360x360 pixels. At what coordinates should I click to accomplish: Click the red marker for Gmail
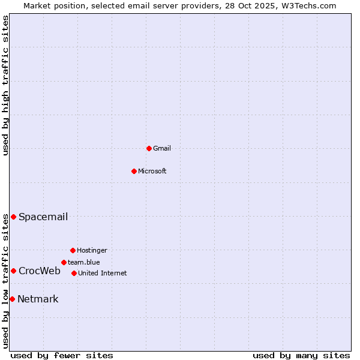[x=149, y=148]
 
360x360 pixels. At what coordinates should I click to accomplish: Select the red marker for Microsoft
[x=134, y=171]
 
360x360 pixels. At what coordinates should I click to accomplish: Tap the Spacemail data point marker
[x=13, y=217]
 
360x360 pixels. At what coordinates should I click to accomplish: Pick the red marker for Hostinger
[x=73, y=250]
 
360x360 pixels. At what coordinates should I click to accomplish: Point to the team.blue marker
[x=64, y=262]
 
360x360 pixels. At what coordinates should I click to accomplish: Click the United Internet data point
[x=74, y=273]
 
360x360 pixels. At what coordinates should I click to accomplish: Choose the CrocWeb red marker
[x=13, y=271]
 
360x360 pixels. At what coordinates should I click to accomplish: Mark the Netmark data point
[x=12, y=299]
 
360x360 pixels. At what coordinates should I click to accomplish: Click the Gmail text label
[x=162, y=148]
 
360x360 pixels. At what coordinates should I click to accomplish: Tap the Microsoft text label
[x=152, y=171]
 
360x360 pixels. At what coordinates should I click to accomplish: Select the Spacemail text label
[x=43, y=217]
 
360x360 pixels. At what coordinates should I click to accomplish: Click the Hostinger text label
[x=92, y=250]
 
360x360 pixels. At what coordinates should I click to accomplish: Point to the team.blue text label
[x=83, y=262]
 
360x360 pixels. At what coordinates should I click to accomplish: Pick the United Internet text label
[x=102, y=273]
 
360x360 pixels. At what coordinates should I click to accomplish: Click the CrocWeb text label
[x=40, y=271]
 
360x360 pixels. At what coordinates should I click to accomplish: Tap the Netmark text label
[x=38, y=299]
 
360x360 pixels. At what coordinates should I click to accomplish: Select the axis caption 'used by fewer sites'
[x=62, y=355]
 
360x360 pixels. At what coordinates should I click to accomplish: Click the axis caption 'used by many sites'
[x=301, y=355]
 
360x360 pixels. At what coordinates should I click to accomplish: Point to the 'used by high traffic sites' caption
[x=5, y=85]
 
